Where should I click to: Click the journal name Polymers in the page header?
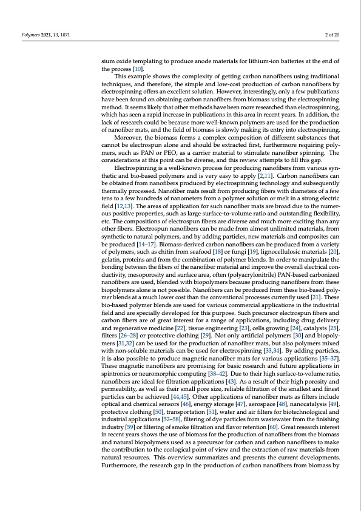click(31, 35)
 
